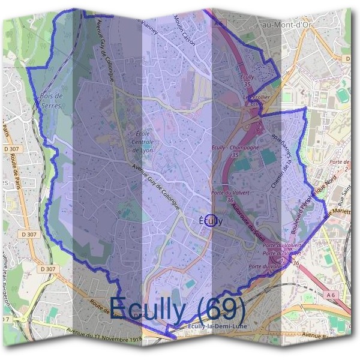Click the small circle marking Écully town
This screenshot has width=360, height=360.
coord(209,220)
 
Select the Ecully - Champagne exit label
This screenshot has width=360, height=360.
coord(236,148)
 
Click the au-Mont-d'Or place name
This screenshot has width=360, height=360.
coord(286,22)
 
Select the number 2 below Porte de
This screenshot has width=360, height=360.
coord(345,170)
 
